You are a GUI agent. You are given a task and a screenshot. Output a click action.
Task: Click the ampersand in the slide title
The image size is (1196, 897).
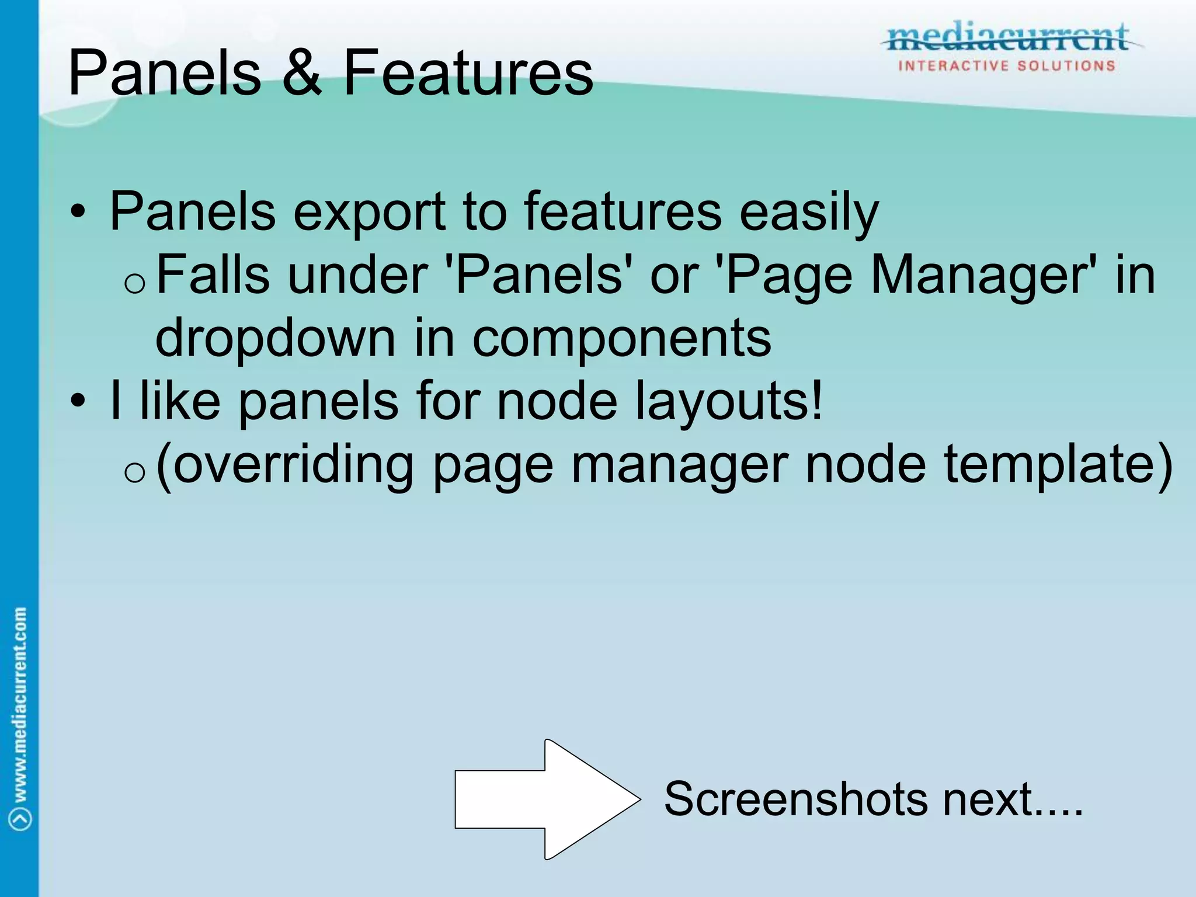click(x=302, y=73)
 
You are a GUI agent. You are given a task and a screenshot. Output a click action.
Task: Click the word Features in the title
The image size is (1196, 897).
click(x=468, y=73)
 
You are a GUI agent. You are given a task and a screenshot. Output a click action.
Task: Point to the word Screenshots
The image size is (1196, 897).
click(x=795, y=799)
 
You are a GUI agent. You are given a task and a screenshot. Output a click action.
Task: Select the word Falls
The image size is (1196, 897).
click(x=213, y=274)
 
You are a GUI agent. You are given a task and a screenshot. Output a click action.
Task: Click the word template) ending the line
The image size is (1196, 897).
click(x=1058, y=466)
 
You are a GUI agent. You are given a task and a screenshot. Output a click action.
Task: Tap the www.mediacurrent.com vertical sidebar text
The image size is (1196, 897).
click(x=20, y=704)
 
